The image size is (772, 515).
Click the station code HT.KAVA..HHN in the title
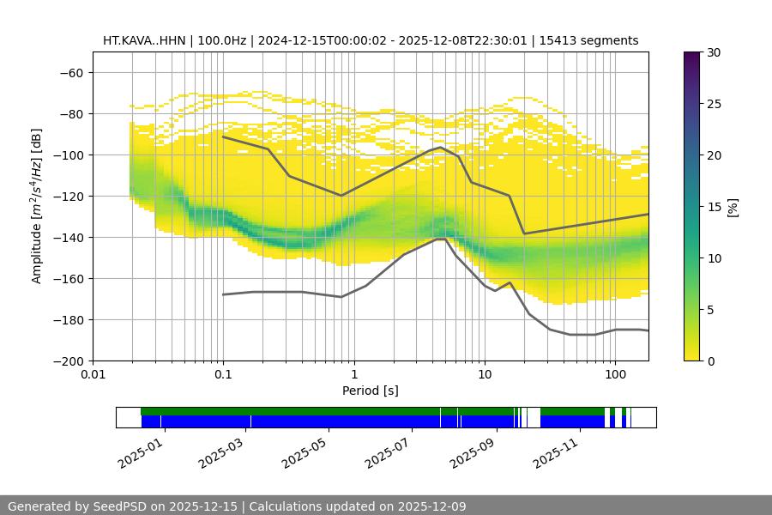[x=142, y=40]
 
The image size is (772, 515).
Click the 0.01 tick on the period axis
[x=93, y=374]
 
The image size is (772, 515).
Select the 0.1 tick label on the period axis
[x=223, y=374]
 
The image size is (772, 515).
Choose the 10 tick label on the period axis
[x=485, y=374]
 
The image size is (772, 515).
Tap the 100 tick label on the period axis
[x=614, y=374]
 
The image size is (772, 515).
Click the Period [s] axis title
[x=371, y=391]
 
